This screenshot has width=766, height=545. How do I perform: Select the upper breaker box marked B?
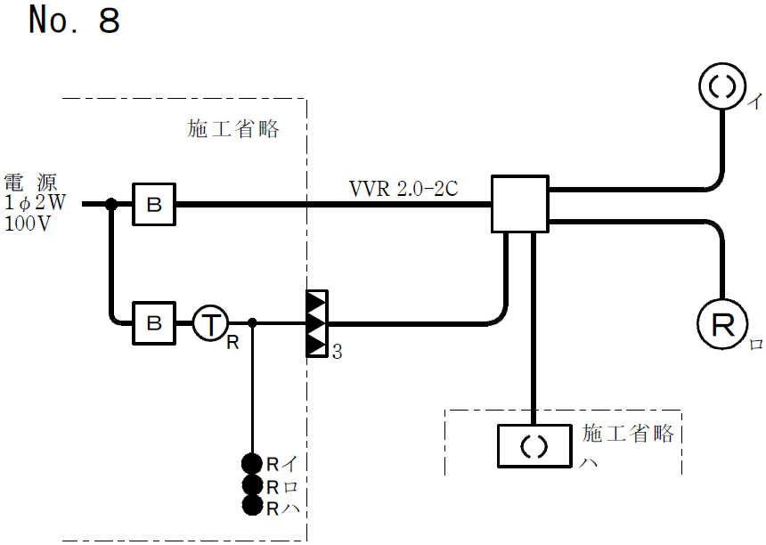pyautogui.click(x=154, y=205)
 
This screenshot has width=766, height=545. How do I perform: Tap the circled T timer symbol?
pyautogui.click(x=211, y=323)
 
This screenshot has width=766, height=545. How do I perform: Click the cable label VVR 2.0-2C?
pyautogui.click(x=403, y=189)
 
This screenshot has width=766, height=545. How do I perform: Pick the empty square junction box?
pyautogui.click(x=520, y=205)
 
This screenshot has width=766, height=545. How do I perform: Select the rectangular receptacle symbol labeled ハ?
pyautogui.click(x=533, y=445)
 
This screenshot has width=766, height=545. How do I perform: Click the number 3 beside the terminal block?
pyautogui.click(x=337, y=354)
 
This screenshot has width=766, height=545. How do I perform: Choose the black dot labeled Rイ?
pyautogui.click(x=252, y=463)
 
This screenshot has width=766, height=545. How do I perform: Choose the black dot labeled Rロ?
pyautogui.click(x=252, y=485)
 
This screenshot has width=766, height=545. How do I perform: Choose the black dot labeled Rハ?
pyautogui.click(x=252, y=507)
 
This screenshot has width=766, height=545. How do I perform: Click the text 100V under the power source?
pyautogui.click(x=28, y=224)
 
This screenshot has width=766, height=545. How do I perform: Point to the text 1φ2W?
pyautogui.click(x=34, y=203)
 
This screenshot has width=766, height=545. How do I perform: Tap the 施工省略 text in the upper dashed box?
pyautogui.click(x=233, y=130)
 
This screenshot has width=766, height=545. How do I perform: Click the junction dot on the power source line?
pyautogui.click(x=110, y=205)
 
